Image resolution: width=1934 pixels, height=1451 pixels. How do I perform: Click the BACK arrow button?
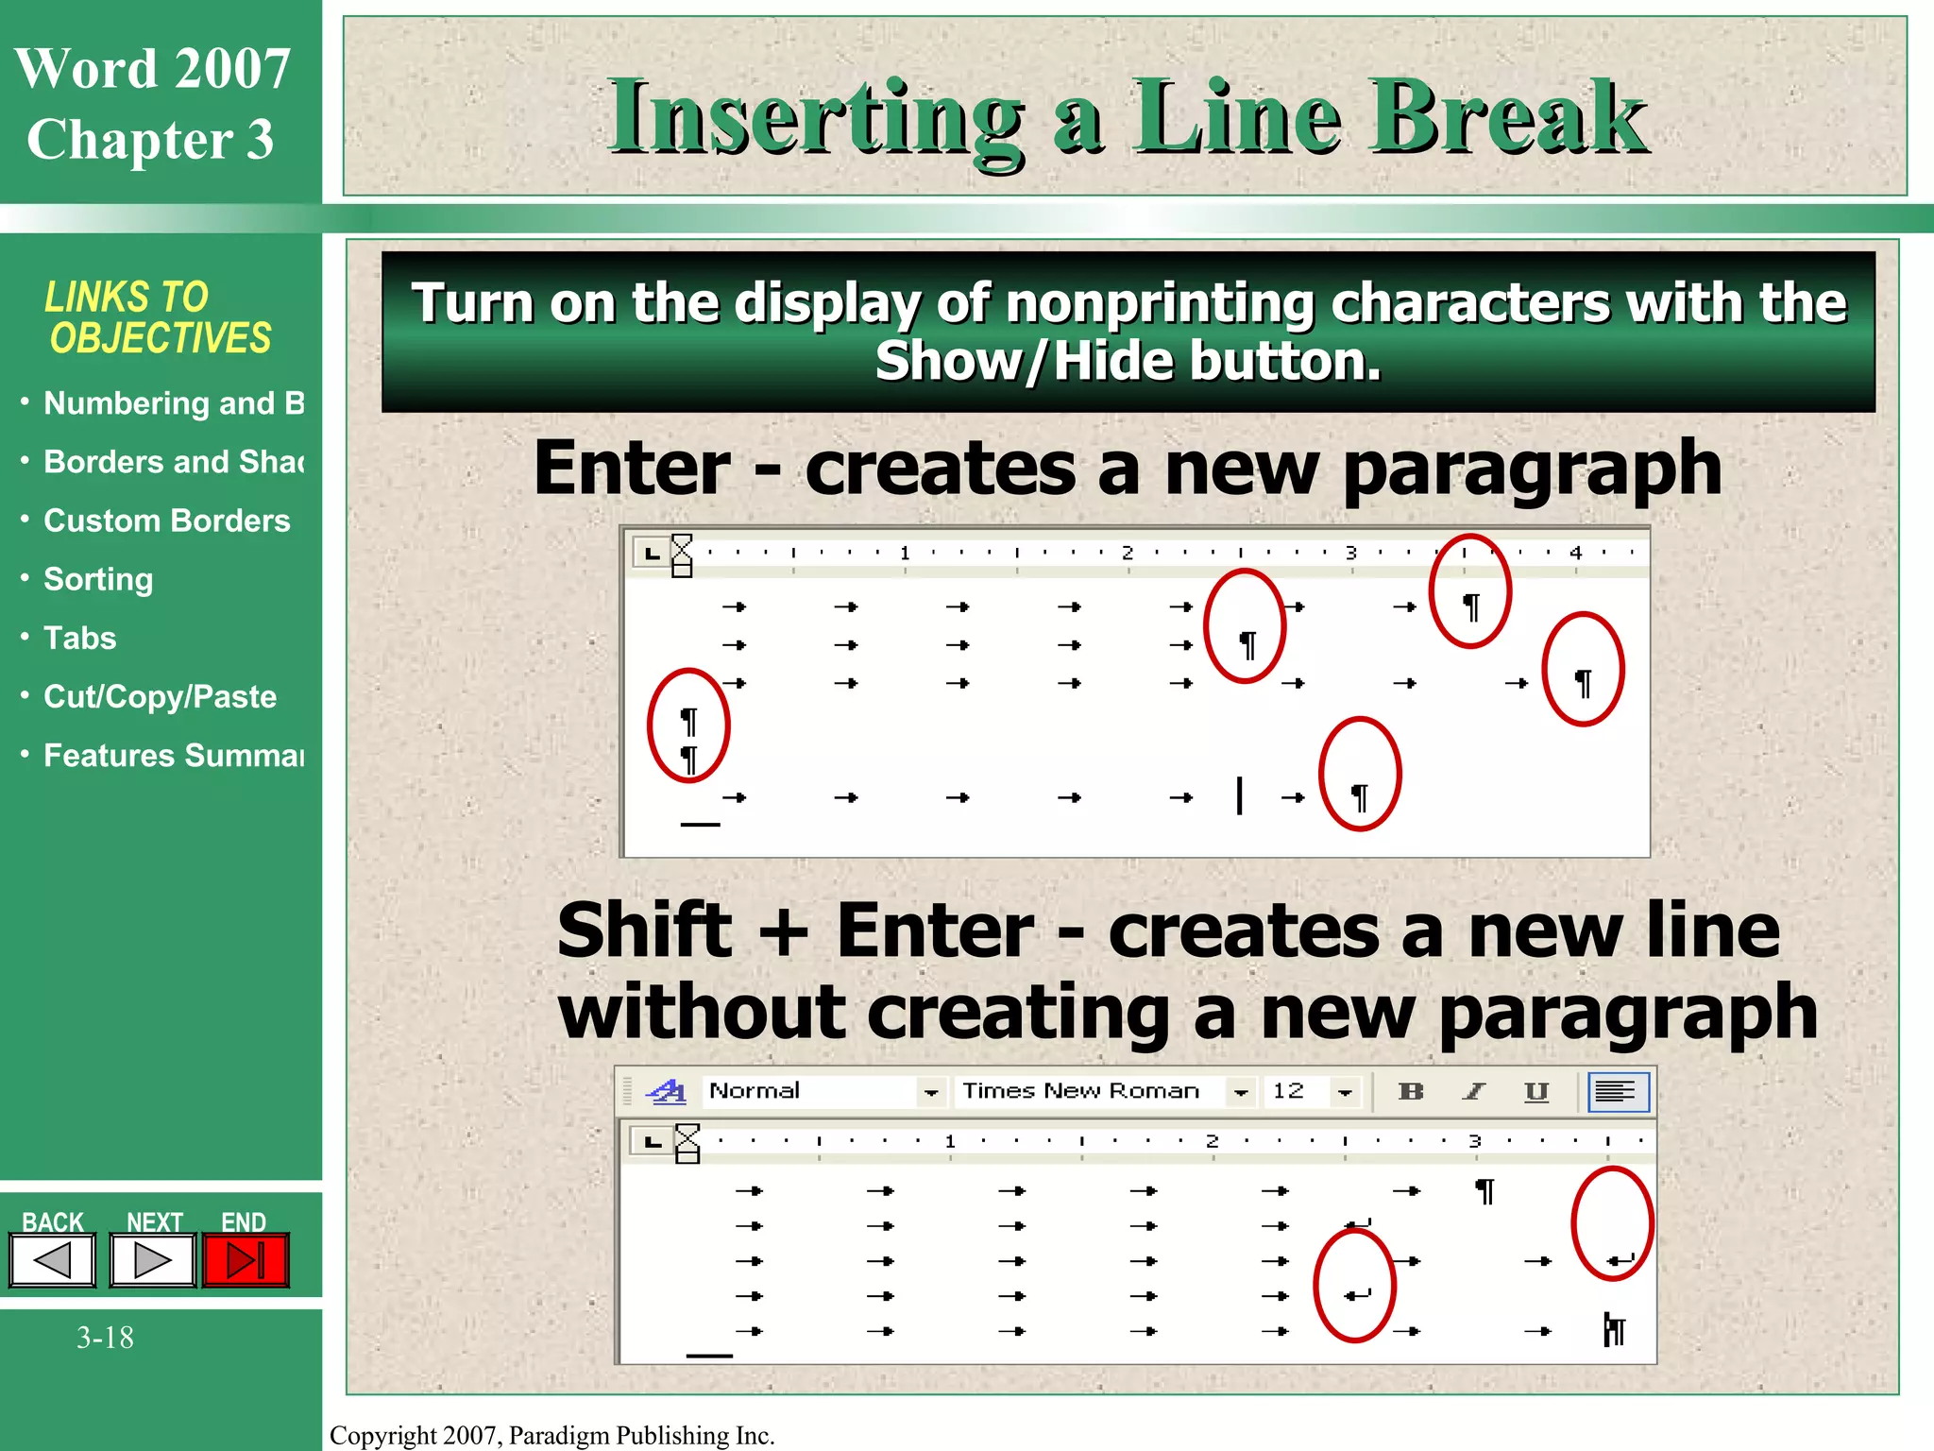53,1259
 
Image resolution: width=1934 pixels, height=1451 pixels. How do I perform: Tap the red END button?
246,1259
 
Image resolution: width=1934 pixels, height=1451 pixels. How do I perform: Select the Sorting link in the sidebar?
98,579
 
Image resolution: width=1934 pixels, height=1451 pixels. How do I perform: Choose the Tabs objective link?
80,638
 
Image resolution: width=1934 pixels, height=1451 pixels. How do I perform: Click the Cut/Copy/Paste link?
160,696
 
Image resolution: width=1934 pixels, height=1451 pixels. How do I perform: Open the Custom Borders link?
166,521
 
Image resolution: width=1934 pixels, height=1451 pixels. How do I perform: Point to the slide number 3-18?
105,1338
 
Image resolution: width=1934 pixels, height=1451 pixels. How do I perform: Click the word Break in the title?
1508,117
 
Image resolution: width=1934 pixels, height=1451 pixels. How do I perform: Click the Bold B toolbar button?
1411,1092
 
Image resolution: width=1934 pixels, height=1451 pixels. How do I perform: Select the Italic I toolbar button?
1474,1092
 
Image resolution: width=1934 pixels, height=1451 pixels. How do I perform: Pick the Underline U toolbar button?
1536,1092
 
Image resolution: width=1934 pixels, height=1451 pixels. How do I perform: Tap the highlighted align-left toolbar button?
1618,1092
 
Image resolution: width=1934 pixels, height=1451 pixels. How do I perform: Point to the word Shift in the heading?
645,930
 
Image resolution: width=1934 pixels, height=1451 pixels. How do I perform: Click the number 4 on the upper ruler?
1575,553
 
